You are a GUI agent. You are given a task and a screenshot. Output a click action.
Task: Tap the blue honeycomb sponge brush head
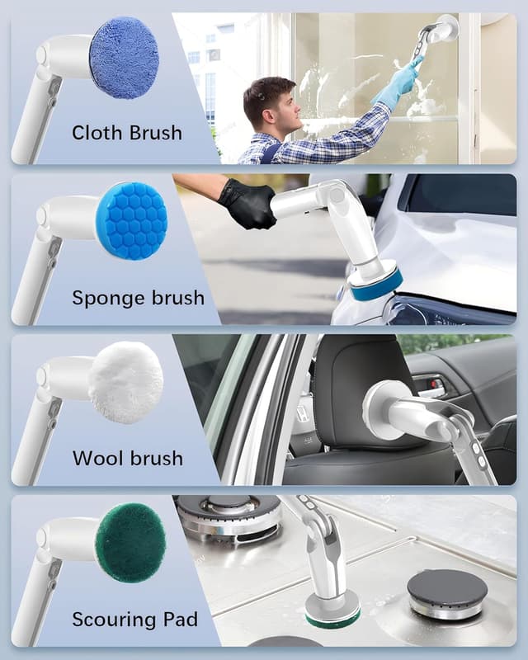pos(131,220)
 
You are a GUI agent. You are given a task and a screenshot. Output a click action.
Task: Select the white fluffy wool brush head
pos(125,383)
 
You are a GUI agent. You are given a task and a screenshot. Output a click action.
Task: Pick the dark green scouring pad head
pos(130,543)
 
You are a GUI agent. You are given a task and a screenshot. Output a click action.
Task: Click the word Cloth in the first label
pos(97,133)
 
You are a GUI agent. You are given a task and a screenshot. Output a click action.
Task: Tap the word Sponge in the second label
pos(106,298)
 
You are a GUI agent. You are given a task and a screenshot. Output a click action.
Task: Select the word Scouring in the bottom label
pos(113,620)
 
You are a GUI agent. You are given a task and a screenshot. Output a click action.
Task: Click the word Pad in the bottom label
pos(177,619)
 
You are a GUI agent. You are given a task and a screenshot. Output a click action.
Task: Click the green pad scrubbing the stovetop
pos(332,615)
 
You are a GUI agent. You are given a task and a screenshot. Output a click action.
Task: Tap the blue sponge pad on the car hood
pos(375,285)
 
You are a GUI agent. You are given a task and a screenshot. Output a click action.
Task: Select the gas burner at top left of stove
pos(229,511)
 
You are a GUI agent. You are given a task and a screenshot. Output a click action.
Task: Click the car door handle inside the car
pos(429,384)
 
